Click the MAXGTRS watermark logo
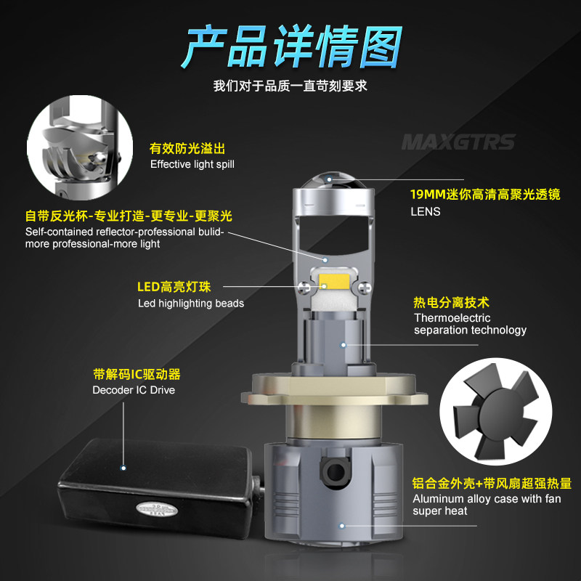click(x=458, y=142)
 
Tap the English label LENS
click(x=426, y=211)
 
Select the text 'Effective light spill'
click(x=192, y=164)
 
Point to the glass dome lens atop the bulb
click(x=333, y=180)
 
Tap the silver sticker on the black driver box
click(x=156, y=509)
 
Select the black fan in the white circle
click(x=495, y=411)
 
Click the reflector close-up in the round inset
click(x=80, y=147)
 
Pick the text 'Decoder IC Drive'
click(x=134, y=390)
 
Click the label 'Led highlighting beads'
click(x=191, y=304)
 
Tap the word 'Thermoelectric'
click(x=452, y=318)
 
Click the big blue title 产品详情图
click(x=292, y=46)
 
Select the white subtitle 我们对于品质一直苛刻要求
click(x=290, y=86)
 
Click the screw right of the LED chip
click(x=364, y=287)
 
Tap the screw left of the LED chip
click(x=304, y=287)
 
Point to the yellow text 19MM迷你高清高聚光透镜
click(x=485, y=195)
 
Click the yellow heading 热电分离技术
click(x=451, y=303)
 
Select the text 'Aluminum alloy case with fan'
click(x=487, y=499)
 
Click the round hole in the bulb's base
click(x=336, y=471)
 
